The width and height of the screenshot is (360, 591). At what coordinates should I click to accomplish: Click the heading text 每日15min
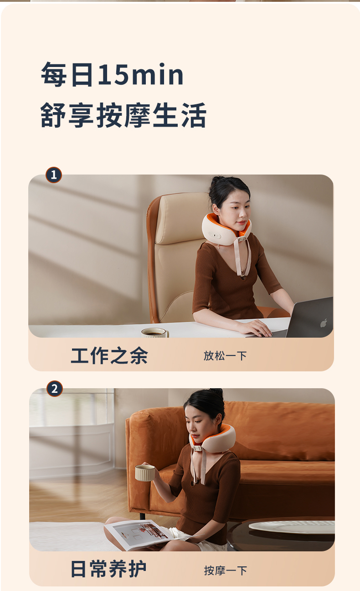pos(112,75)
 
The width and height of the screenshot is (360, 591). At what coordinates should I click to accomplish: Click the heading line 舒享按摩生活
pos(123,116)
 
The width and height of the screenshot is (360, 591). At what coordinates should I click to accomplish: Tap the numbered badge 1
pos(54,175)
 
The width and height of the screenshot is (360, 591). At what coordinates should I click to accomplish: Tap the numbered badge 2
pos(55,389)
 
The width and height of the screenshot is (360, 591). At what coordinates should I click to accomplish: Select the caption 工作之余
pos(109,356)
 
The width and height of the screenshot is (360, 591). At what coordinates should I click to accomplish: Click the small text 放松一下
pos(225,356)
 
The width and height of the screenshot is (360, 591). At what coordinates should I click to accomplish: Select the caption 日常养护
pos(108,569)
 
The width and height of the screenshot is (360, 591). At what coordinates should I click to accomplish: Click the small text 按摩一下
pos(226,570)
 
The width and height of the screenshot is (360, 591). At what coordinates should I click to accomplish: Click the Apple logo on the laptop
pos(324,323)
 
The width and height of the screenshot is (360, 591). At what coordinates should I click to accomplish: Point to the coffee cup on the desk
pos(155,333)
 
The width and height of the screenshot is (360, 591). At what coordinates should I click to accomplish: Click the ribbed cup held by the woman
pos(145,473)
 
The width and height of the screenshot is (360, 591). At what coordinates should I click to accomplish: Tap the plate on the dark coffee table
pos(292,527)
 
